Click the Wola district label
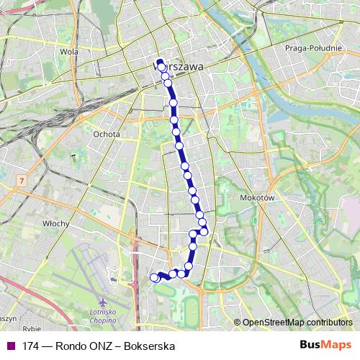tap(69, 52)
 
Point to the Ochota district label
tap(107, 132)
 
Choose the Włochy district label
tap(55, 223)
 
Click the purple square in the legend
tap(9, 346)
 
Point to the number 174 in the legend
tap(30, 346)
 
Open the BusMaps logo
tap(327, 346)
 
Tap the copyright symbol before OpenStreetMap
tap(238, 323)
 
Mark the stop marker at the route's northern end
tap(160, 63)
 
